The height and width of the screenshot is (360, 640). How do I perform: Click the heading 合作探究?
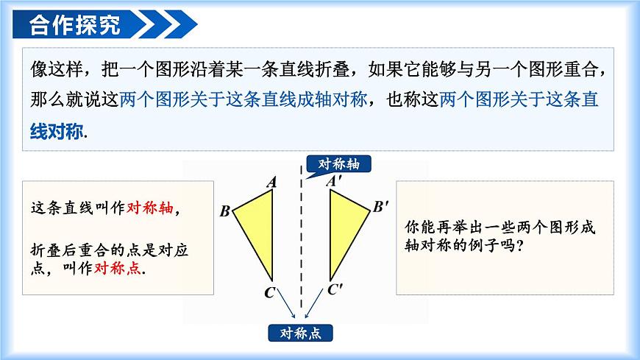click(x=74, y=25)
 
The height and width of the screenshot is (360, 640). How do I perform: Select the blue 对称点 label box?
click(x=301, y=333)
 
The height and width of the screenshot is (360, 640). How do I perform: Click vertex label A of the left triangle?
click(x=271, y=181)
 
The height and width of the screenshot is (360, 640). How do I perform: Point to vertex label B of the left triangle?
click(x=225, y=212)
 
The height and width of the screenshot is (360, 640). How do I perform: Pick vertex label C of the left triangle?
click(x=269, y=292)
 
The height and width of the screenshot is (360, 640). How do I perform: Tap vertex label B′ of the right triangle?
click(x=380, y=206)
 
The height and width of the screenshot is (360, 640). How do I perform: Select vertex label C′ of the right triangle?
click(x=335, y=289)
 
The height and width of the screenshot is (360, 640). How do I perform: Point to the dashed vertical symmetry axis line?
click(x=301, y=243)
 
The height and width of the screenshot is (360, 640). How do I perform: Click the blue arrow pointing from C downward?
click(x=286, y=303)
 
